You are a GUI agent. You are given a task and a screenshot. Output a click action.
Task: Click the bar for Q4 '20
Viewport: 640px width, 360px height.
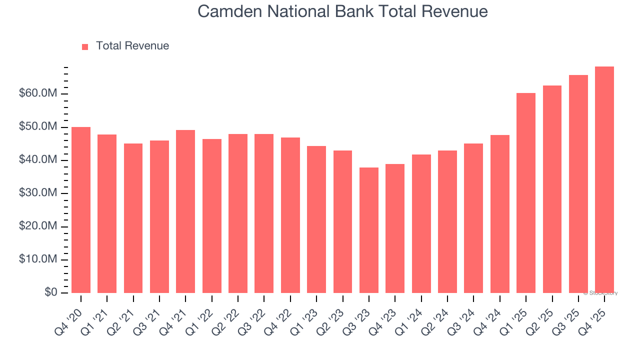81,210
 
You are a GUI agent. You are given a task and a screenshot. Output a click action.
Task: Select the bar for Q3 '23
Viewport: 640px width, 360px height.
369,230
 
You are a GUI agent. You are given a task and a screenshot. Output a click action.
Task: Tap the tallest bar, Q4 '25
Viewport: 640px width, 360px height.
604,180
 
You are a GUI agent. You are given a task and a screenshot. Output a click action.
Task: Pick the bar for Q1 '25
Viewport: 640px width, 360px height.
526,193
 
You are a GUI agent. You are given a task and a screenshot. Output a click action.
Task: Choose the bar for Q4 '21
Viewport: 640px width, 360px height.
185,211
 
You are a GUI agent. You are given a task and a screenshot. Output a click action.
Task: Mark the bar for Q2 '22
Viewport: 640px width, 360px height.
238,213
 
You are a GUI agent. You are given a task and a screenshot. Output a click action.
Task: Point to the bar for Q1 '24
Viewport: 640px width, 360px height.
421,223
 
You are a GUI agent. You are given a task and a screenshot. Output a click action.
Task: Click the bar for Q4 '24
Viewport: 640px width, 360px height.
500,214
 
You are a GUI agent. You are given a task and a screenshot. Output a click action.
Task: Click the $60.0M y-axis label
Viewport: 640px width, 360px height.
38,94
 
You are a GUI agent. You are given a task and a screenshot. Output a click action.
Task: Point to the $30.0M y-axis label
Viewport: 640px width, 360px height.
38,193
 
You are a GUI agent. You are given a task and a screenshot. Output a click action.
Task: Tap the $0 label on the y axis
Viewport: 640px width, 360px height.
51,292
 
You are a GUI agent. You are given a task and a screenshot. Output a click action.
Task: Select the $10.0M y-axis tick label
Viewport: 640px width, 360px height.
38,259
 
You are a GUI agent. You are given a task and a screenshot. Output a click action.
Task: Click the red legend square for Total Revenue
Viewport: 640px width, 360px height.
85,46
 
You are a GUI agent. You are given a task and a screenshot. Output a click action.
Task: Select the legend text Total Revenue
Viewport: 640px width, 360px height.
132,46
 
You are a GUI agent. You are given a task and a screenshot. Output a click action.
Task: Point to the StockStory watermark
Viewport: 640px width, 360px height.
600,293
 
